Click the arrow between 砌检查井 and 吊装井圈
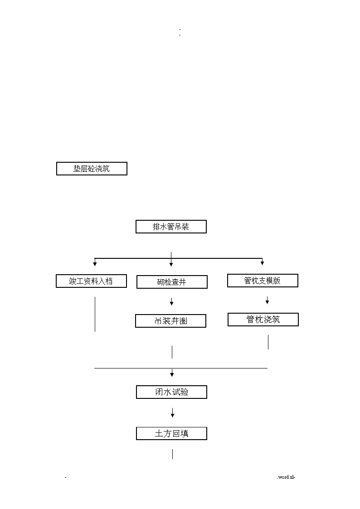tap(172, 301)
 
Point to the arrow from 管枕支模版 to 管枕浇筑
tap(267, 300)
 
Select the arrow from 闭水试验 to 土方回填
tap(172, 412)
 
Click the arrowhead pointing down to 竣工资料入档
tap(95, 264)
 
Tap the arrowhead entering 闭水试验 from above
tap(172, 374)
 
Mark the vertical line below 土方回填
tap(172, 454)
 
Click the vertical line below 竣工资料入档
tap(95, 314)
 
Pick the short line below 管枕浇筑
tap(268, 342)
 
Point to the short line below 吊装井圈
tap(172, 352)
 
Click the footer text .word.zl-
tap(286, 477)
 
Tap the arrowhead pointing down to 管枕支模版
tap(262, 263)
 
